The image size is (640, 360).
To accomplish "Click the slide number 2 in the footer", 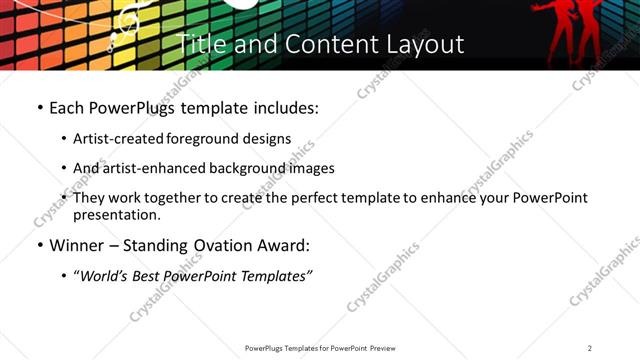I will click(x=590, y=348).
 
